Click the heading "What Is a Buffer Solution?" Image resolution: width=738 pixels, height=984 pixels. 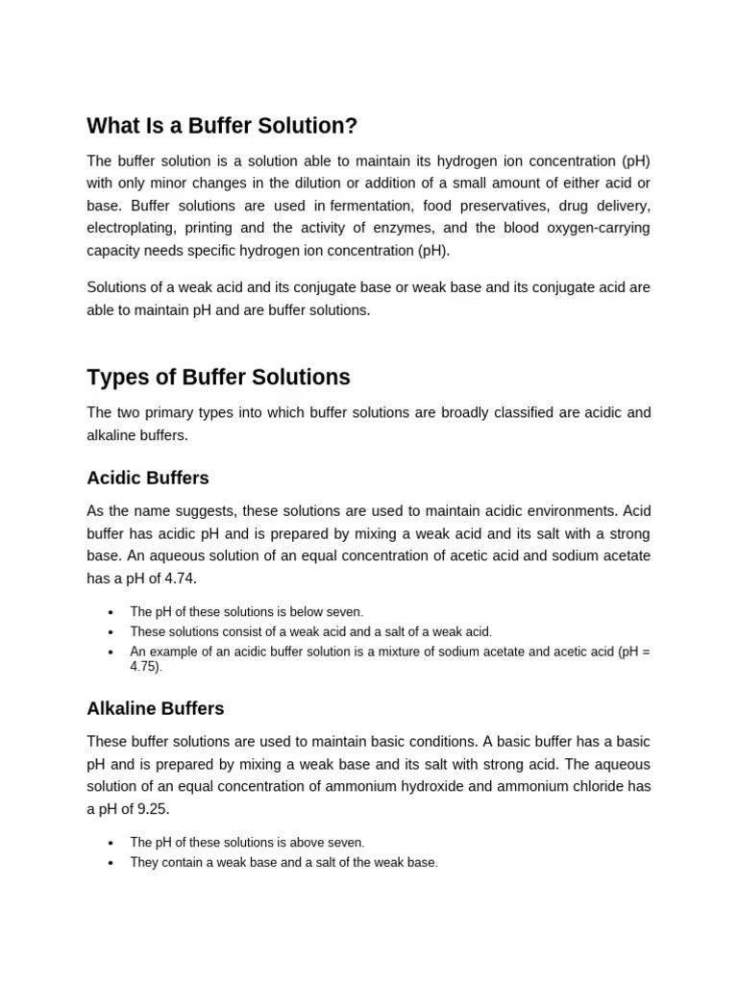[x=222, y=126]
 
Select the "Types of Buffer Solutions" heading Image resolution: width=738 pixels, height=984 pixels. [x=218, y=378]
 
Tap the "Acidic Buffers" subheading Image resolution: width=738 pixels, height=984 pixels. [x=147, y=478]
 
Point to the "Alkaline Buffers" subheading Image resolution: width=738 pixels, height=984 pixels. [x=155, y=708]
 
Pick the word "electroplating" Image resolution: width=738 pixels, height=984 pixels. [x=131, y=228]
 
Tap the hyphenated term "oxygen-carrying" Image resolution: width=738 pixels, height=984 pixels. [x=596, y=228]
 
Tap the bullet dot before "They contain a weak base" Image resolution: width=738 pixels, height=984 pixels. [x=111, y=863]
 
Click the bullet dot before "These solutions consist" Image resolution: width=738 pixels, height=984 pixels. [x=111, y=632]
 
